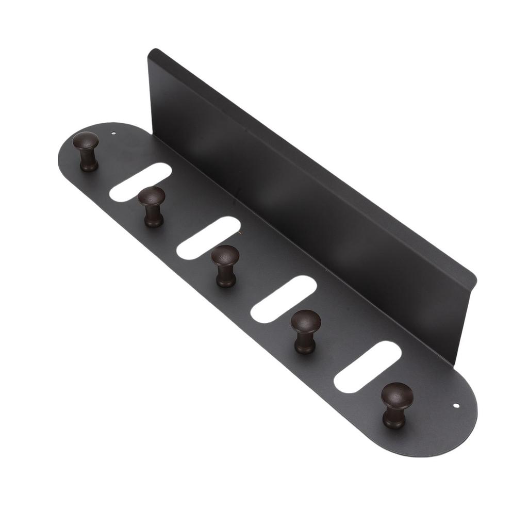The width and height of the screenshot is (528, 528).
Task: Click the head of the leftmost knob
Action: tap(86, 141)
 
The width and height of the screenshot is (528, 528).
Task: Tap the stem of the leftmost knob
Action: tap(88, 161)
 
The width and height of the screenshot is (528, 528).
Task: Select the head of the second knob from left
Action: tap(152, 196)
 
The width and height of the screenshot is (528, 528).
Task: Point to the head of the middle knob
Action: tap(225, 255)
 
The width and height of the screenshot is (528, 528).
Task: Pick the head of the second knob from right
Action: tap(306, 321)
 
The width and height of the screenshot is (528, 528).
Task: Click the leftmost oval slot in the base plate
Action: tap(139, 181)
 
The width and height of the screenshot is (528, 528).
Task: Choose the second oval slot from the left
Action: tap(208, 237)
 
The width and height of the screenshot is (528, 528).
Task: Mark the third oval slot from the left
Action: tap(284, 299)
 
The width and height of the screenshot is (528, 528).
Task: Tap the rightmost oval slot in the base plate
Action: tap(367, 367)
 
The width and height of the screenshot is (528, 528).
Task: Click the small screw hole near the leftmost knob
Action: tap(113, 134)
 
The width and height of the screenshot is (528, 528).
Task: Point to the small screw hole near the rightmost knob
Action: tap(455, 406)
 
